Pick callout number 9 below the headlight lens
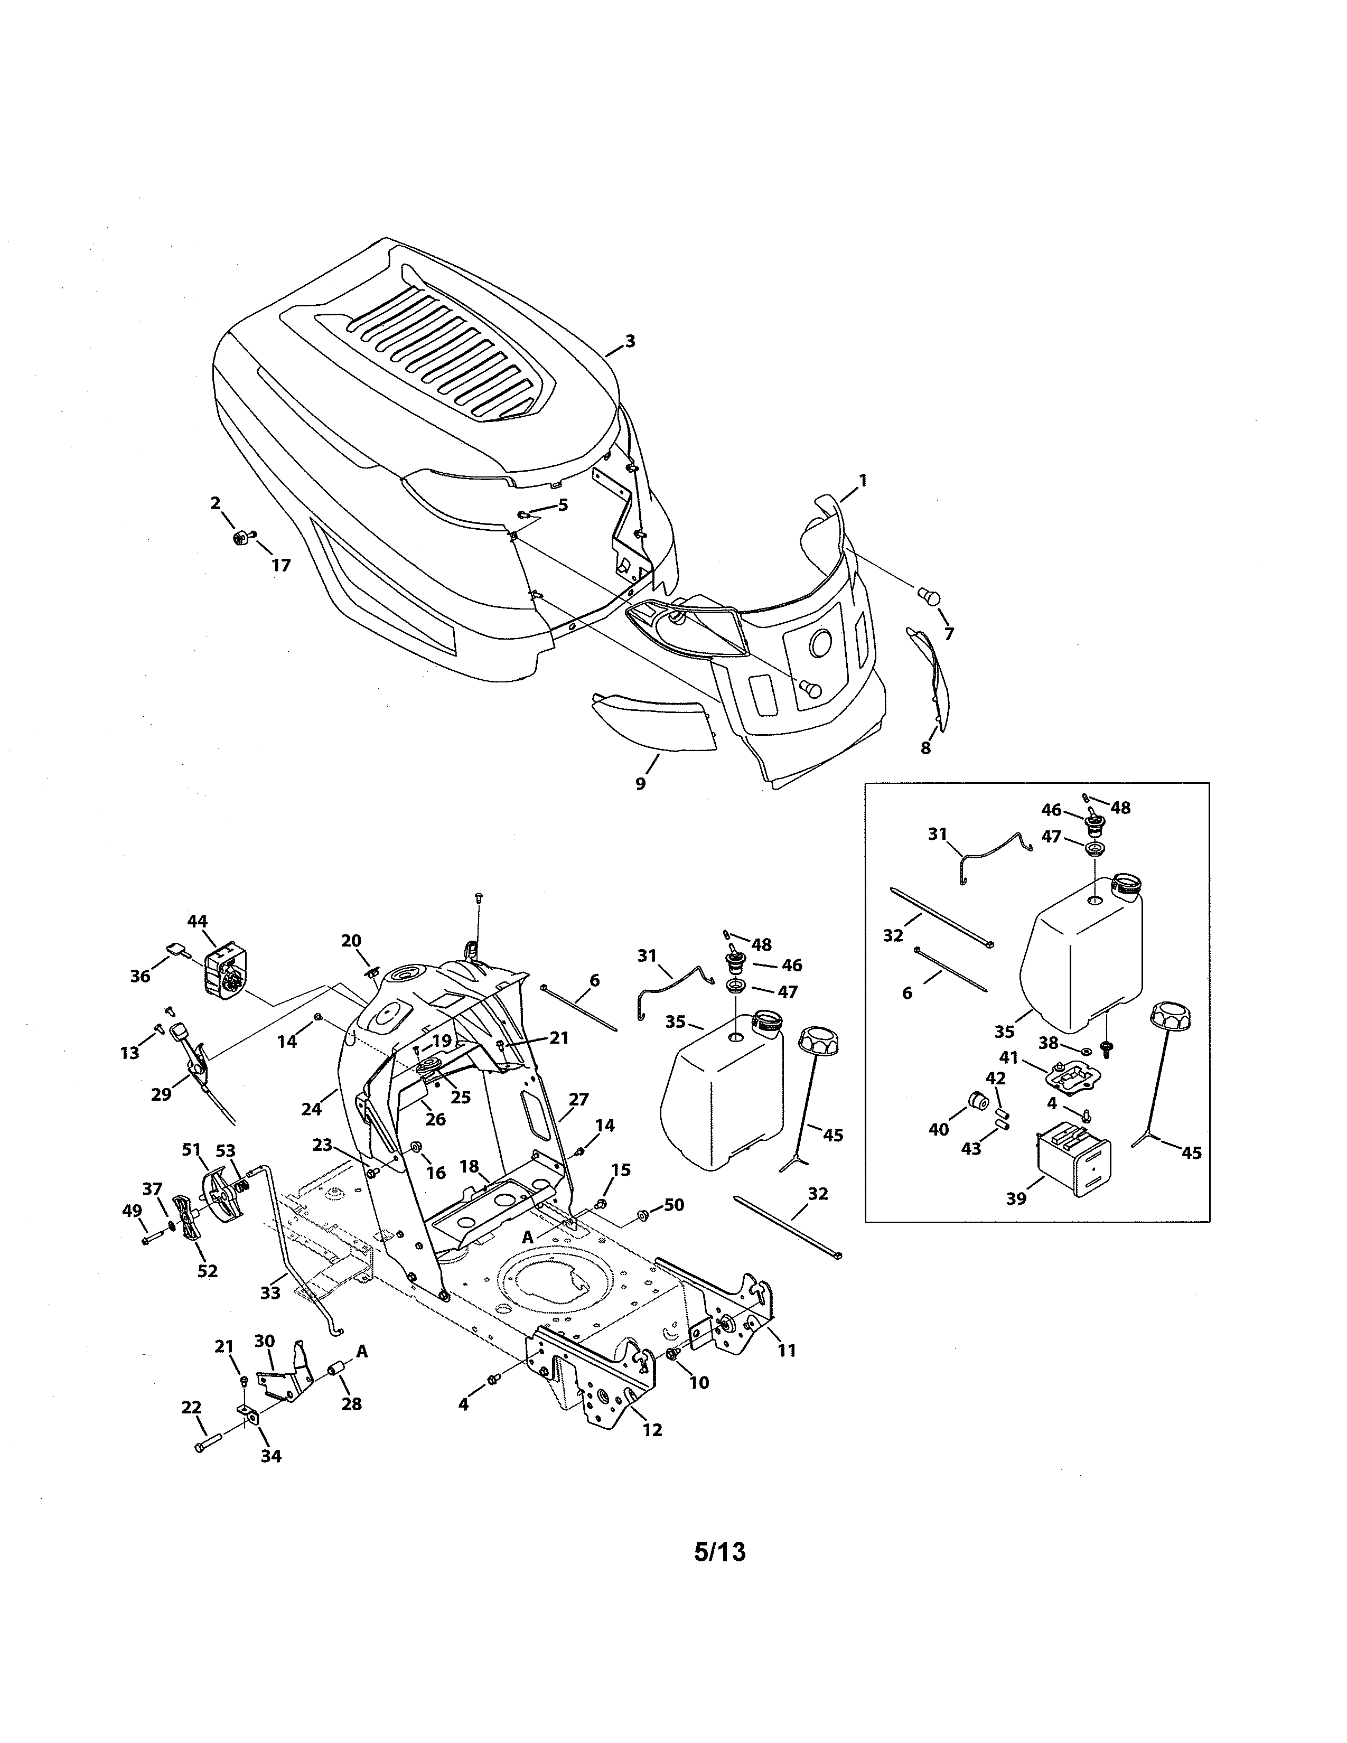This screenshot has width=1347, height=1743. (x=640, y=784)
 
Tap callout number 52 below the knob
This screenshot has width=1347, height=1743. (x=208, y=1271)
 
